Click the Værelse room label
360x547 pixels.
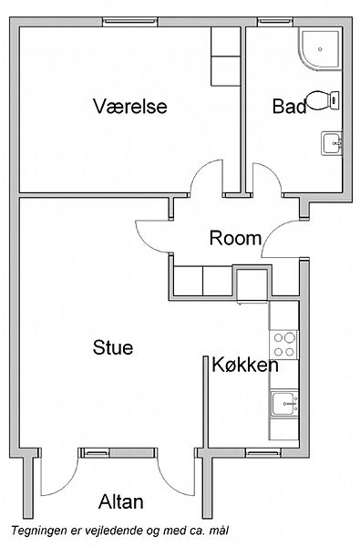(129, 106)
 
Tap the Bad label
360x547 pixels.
(289, 106)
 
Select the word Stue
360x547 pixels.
(113, 348)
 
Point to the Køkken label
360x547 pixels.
(245, 365)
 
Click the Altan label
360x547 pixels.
(120, 502)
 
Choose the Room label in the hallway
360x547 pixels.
(235, 238)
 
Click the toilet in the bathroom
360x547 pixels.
(323, 100)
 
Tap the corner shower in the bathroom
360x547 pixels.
(319, 49)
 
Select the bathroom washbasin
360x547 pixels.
(332, 143)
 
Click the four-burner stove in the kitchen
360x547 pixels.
(284, 345)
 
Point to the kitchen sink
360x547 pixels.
(284, 404)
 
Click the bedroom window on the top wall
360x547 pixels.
(130, 22)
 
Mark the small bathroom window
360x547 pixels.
(275, 22)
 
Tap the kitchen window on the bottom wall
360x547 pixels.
(263, 453)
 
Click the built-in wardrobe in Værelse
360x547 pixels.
(225, 57)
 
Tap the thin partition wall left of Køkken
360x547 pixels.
(206, 402)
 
